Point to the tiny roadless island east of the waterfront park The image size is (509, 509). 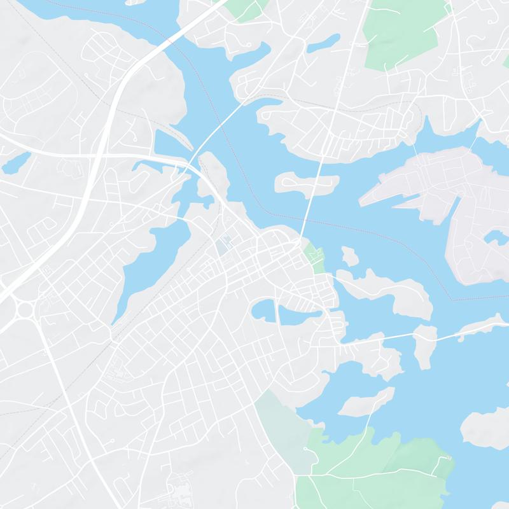(x=349, y=256)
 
